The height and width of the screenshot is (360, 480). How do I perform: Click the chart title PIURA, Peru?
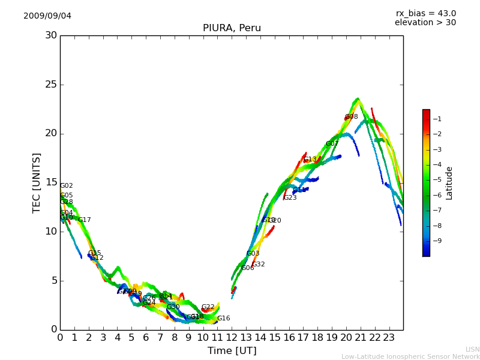[232, 28]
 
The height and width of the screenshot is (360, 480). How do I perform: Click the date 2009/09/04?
[47, 16]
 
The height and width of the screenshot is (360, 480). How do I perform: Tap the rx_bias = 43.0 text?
[425, 13]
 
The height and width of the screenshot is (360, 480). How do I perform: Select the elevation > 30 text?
[425, 23]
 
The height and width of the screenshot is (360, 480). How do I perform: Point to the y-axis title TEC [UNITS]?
[37, 182]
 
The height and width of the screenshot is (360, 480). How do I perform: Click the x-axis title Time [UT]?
[232, 350]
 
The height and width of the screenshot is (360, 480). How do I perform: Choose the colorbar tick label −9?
[437, 241]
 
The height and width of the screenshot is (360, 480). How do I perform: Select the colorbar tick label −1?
[437, 119]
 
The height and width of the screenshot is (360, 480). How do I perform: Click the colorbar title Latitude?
[449, 182]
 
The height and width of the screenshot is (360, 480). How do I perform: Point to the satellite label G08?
[351, 117]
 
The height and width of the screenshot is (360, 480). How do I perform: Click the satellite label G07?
[332, 144]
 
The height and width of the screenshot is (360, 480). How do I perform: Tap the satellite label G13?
[310, 160]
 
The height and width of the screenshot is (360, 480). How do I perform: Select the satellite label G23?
[290, 198]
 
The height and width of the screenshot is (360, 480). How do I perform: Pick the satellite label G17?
[84, 220]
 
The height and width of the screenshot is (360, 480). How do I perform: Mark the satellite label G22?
[208, 307]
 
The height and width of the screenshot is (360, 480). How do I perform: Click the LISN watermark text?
[472, 349]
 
